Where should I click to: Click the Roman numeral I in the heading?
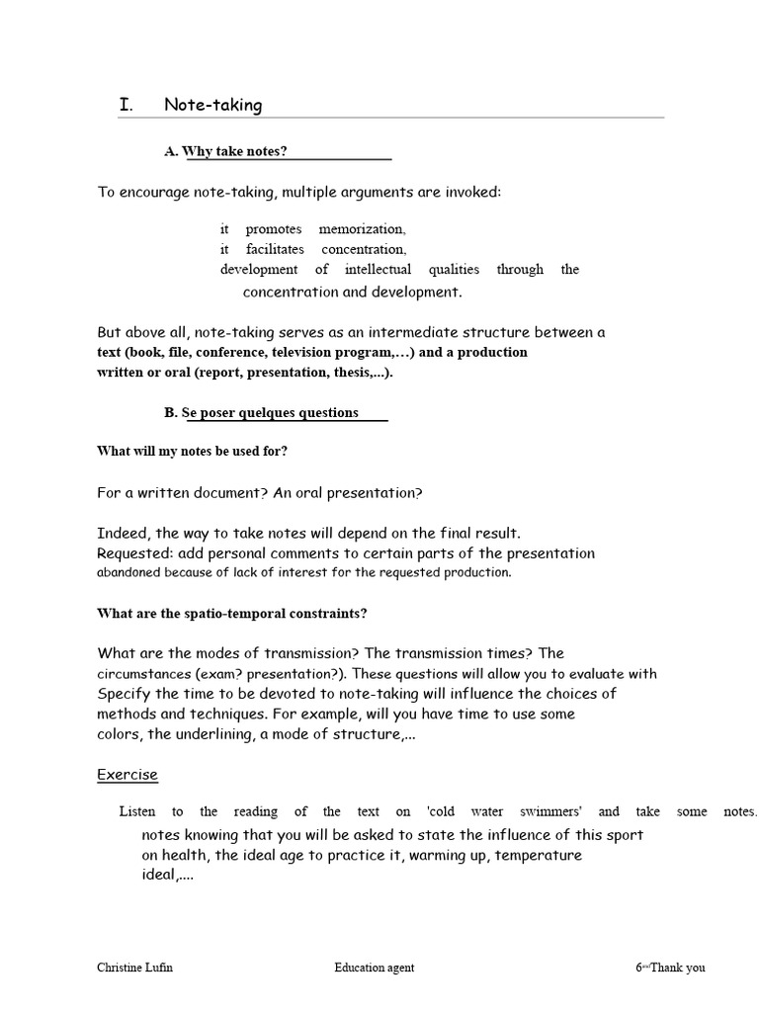(125, 105)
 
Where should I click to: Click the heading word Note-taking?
(212, 105)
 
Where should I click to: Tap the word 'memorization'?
(362, 229)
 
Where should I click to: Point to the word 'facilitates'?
(275, 249)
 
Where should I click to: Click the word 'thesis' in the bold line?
(348, 373)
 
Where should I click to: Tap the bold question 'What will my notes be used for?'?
(193, 451)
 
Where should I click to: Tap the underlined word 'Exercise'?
(127, 775)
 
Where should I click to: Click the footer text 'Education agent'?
(375, 968)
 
